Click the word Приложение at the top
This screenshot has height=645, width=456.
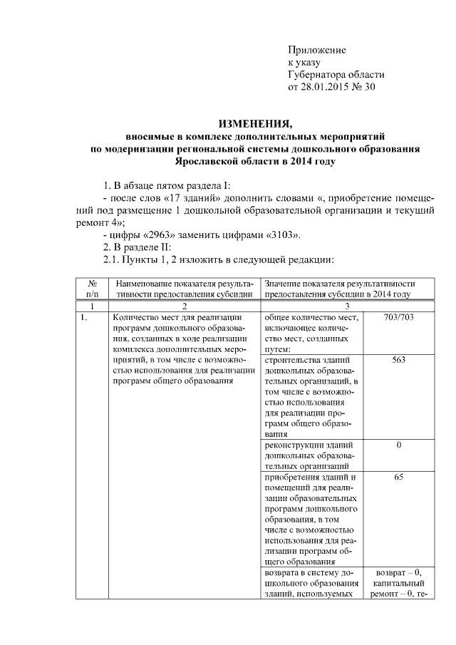tap(316, 50)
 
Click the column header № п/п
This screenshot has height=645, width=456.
tap(92, 289)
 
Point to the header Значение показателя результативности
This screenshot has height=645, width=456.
tap(339, 289)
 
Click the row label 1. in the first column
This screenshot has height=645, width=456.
tap(84, 318)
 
